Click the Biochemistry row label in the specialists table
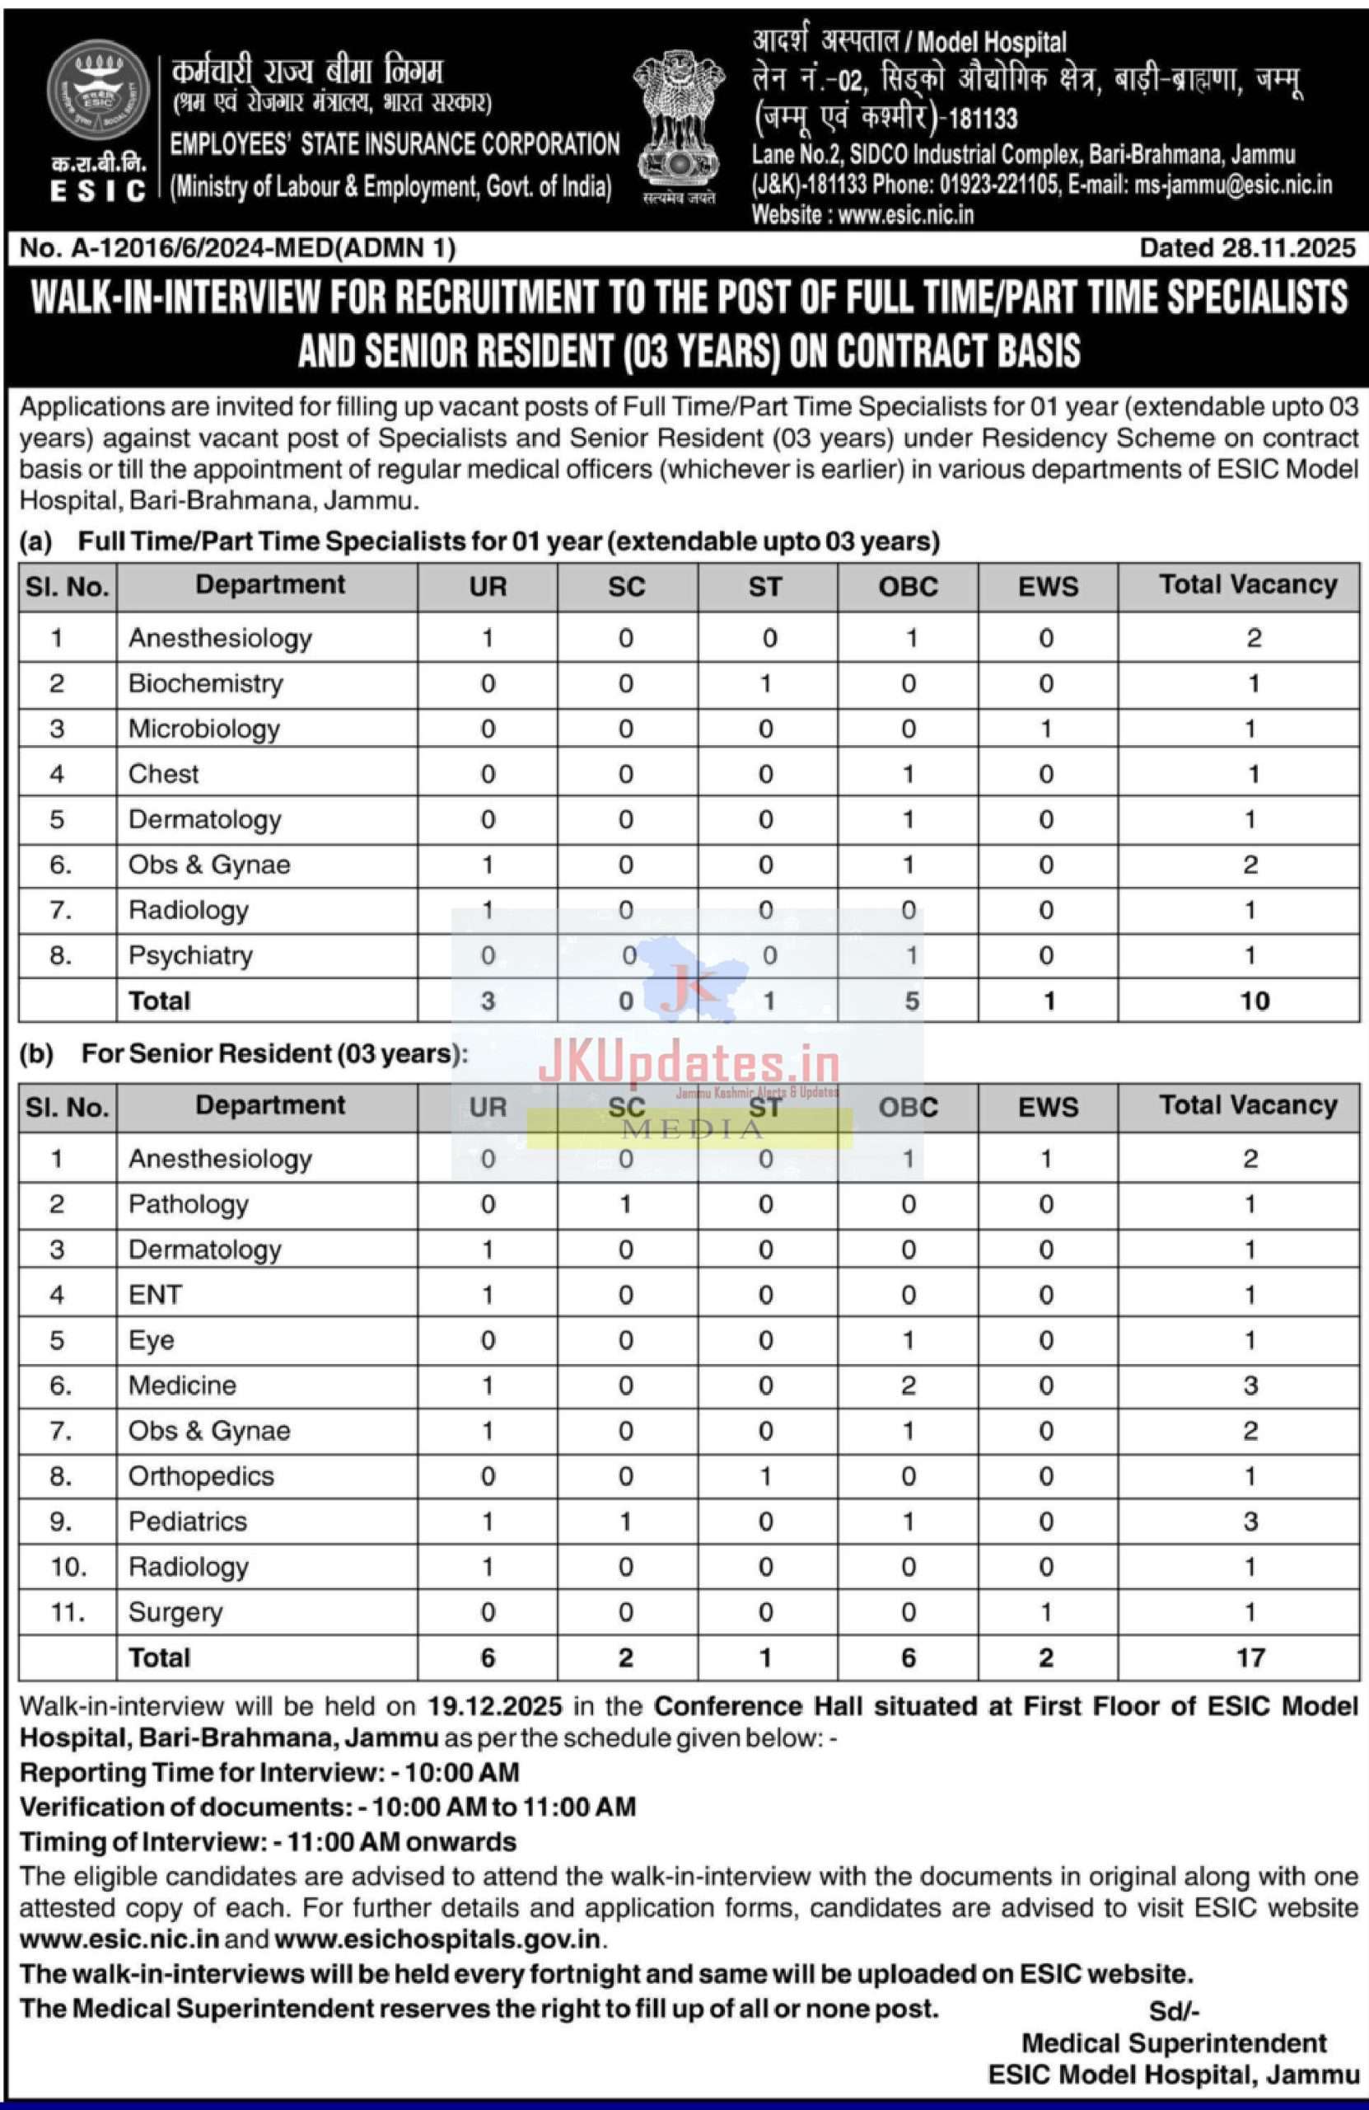pos(206,683)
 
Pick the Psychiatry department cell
pos(190,956)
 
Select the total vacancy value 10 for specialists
pos(1254,1001)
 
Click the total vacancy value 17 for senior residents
pos(1250,1658)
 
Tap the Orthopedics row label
pos(201,1476)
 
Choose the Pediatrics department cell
pos(187,1522)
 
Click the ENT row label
pos(155,1294)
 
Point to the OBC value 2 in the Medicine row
pos(909,1386)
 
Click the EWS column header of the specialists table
pos(1049,587)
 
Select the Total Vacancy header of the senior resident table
pos(1248,1105)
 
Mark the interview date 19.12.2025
pos(494,1707)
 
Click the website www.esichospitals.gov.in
pos(437,1939)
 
